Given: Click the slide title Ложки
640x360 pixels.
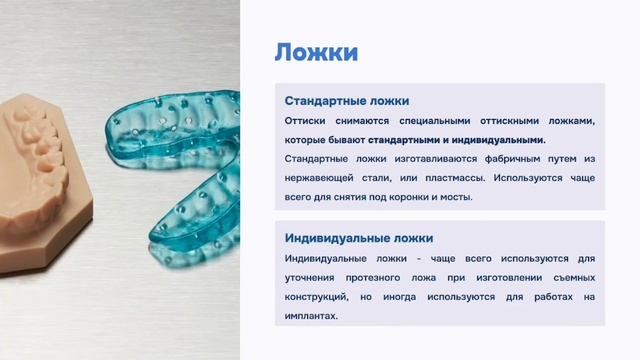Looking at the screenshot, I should click(316, 53).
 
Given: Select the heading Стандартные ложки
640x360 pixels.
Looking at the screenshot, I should click(346, 101).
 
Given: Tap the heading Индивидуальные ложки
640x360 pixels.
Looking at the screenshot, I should click(358, 238).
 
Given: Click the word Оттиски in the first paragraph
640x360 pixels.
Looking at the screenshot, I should click(306, 121).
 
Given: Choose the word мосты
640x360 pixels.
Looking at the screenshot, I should click(482, 197).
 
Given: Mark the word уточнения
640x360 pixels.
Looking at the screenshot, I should click(315, 277).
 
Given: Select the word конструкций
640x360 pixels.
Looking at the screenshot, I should click(320, 297).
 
